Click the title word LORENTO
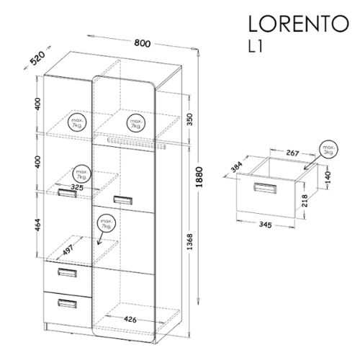click(x=298, y=24)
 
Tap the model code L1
click(x=256, y=46)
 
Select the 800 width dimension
click(x=143, y=43)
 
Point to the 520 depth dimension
click(x=37, y=58)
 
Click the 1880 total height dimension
click(x=199, y=177)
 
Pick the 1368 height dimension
click(x=189, y=241)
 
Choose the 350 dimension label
click(x=189, y=120)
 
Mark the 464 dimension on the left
click(x=38, y=225)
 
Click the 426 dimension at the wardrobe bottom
click(x=130, y=319)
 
